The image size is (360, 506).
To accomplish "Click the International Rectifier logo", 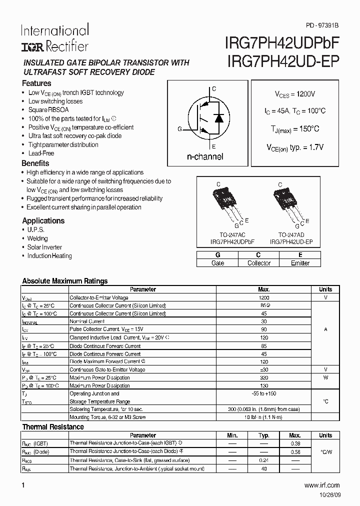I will (54, 38).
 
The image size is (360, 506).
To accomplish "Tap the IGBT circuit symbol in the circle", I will (207, 117).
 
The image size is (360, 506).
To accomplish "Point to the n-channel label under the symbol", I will (205, 156).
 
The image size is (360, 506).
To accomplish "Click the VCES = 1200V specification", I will (295, 94).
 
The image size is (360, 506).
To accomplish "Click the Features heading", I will (36, 83).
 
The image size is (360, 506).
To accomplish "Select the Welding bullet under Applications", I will (37, 238).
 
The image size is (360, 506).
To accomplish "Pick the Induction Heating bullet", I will (49, 255).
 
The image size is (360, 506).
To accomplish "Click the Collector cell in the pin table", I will (259, 263).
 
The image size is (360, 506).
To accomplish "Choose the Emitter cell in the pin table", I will (300, 263).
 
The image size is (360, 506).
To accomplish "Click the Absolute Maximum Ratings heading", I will (65, 281).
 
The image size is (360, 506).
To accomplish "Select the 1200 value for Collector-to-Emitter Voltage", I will (263, 297).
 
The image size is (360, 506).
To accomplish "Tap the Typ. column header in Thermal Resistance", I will (263, 435).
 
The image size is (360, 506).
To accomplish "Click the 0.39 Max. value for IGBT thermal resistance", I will (295, 443).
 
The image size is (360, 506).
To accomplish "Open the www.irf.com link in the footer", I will (321, 485).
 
